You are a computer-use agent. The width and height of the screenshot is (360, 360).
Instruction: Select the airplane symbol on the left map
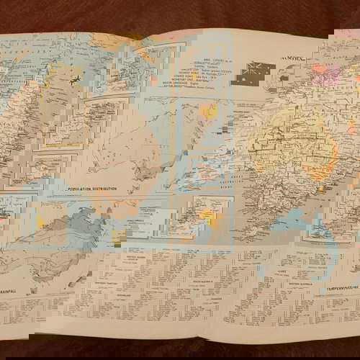click(75, 81)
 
